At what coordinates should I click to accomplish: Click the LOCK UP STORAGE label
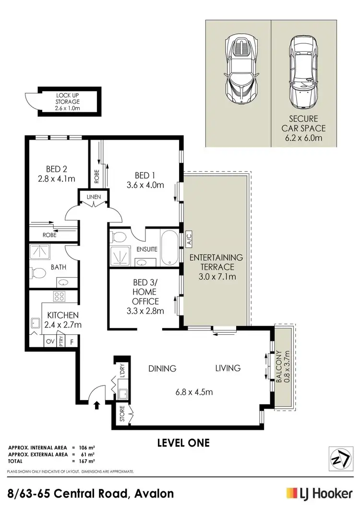pyautogui.click(x=67, y=98)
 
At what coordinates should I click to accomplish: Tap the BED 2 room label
pyautogui.click(x=56, y=169)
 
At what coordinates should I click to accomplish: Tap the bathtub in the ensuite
pyautogui.click(x=169, y=247)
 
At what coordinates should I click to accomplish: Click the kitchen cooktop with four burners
pyautogui.click(x=60, y=297)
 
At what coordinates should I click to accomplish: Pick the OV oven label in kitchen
pyautogui.click(x=49, y=341)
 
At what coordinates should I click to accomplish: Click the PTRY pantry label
pyautogui.click(x=61, y=341)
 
